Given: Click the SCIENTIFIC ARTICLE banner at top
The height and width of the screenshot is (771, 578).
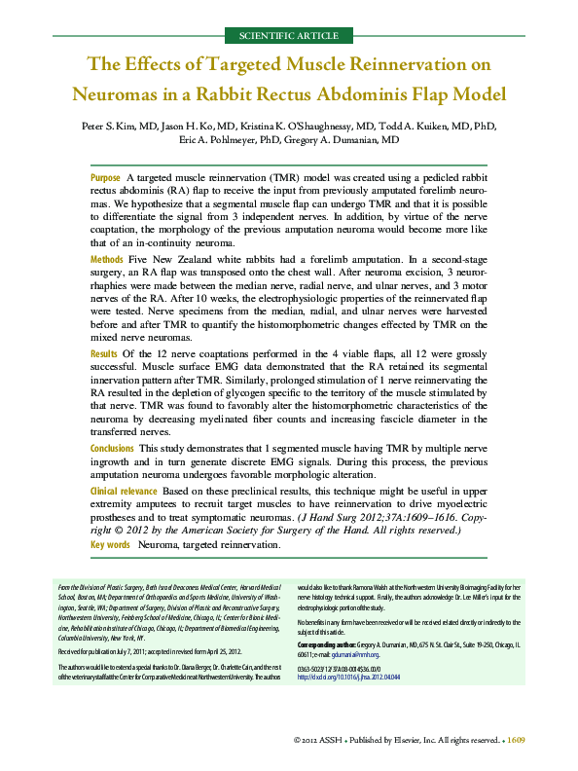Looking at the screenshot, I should pyautogui.click(x=288, y=36).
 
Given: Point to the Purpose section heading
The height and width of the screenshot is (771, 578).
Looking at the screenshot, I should pyautogui.click(x=105, y=179).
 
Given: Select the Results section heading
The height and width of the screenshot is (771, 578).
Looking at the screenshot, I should pyautogui.click(x=103, y=353).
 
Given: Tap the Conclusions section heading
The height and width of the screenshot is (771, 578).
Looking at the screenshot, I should pyautogui.click(x=112, y=447).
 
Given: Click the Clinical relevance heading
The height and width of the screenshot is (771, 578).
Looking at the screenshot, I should pyautogui.click(x=124, y=493).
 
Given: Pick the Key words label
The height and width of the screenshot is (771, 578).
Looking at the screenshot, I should pyautogui.click(x=110, y=545).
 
